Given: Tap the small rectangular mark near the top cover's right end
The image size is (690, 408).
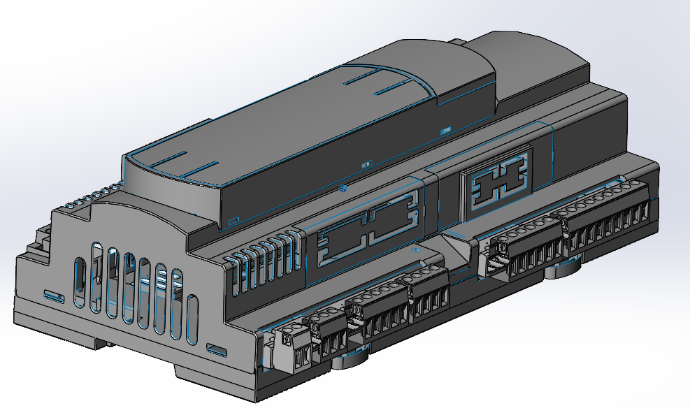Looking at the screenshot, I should (x=445, y=129).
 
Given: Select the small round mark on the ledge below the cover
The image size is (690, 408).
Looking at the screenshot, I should (x=342, y=188).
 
